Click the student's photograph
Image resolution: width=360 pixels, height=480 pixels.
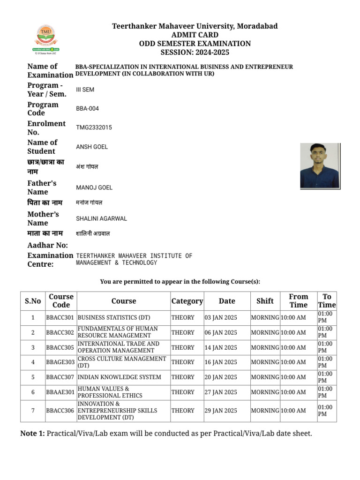point(320,165)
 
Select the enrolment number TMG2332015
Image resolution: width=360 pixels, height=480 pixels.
point(94,127)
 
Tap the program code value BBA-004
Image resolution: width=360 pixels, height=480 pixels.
point(87,109)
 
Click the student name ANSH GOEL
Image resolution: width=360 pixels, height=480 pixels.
point(92,147)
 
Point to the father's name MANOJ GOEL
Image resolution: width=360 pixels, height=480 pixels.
point(94,187)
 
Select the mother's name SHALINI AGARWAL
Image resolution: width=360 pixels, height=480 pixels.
point(101,218)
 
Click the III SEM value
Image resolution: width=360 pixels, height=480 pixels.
point(85,90)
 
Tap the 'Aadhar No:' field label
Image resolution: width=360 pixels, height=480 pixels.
point(48,245)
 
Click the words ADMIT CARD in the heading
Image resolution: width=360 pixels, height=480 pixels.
point(195,35)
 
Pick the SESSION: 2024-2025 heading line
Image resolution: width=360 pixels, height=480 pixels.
point(195,52)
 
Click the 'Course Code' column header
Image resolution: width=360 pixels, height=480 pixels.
point(61,300)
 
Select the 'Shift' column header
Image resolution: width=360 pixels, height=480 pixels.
point(265,301)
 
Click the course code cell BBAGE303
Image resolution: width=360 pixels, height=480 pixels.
point(60,362)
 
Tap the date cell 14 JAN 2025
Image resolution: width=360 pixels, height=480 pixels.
point(221,347)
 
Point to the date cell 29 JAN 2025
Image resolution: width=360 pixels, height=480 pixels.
point(221,410)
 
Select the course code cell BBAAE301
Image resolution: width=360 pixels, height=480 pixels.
point(60,392)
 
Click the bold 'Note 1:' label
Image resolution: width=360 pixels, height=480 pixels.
point(32,434)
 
